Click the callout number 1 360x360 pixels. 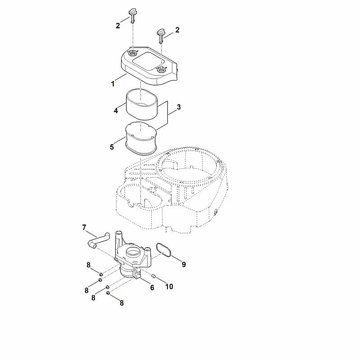coord(113,84)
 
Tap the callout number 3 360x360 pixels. coord(179,107)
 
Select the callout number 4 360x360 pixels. coord(116,111)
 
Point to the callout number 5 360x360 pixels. coord(112,147)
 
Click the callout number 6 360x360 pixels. coord(152,288)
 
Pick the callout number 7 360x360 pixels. coord(84,227)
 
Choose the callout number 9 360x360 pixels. coord(184,265)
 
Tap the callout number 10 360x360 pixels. coord(169,287)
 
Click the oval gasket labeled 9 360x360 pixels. coord(164,250)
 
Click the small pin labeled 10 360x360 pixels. coord(154,276)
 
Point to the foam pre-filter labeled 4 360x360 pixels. coord(141,105)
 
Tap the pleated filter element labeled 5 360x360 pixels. coord(141,139)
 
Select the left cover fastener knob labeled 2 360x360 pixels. coord(132,15)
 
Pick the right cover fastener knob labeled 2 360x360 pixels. coord(161,36)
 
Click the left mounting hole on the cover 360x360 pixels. coord(132,54)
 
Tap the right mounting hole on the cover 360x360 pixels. coord(161,70)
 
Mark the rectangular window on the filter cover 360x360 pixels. coord(148,61)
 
